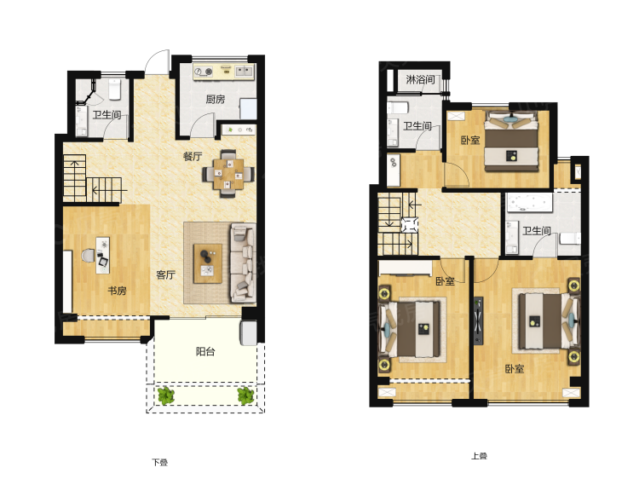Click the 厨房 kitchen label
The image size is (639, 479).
pyautogui.click(x=216, y=99)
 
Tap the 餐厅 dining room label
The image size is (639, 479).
pyautogui.click(x=193, y=156)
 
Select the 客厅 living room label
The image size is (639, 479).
pyautogui.click(x=165, y=274)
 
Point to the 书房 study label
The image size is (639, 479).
pyautogui.click(x=117, y=291)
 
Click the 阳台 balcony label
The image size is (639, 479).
pyautogui.click(x=205, y=351)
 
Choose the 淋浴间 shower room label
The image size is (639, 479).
pyautogui.click(x=420, y=79)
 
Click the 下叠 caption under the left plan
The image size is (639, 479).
pyautogui.click(x=160, y=462)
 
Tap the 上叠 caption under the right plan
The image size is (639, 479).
pyautogui.click(x=479, y=456)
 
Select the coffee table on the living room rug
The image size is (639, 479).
pyautogui.click(x=208, y=263)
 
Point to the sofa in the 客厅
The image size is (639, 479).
pyautogui.click(x=244, y=263)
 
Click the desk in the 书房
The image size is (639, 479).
pyautogui.click(x=103, y=255)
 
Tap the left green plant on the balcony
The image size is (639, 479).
pyautogui.click(x=166, y=395)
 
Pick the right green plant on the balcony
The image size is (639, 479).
pyautogui.click(x=245, y=395)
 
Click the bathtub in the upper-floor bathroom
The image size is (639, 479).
pyautogui.click(x=529, y=203)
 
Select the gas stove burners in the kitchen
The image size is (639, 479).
pyautogui.click(x=203, y=72)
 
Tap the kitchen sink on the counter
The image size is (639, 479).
pyautogui.click(x=244, y=72)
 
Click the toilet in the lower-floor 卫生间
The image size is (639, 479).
pyautogui.click(x=114, y=89)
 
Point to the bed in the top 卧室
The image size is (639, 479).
pyautogui.click(x=511, y=141)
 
